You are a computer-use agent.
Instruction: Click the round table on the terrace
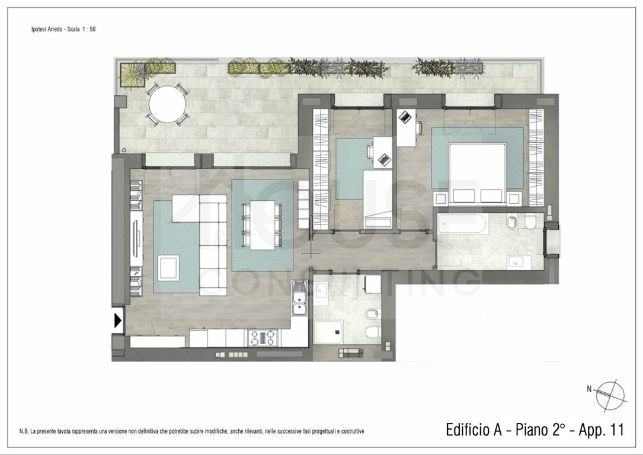coord(167,104)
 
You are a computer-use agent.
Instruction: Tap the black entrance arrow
coord(118,320)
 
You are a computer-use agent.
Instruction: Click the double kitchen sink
coord(299,297)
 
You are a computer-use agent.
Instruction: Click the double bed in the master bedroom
coord(476,173)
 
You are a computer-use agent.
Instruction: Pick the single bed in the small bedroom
coord(378,199)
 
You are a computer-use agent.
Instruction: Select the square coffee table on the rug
coord(168,268)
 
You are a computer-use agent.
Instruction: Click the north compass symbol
coord(610,396)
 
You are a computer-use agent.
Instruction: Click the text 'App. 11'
coord(601,430)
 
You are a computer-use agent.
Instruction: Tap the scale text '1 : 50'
coord(89,29)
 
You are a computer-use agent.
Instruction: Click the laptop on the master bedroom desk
coord(405,117)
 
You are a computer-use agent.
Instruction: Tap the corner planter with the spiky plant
coord(133,75)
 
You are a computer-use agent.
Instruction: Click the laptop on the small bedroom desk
coord(384,159)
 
